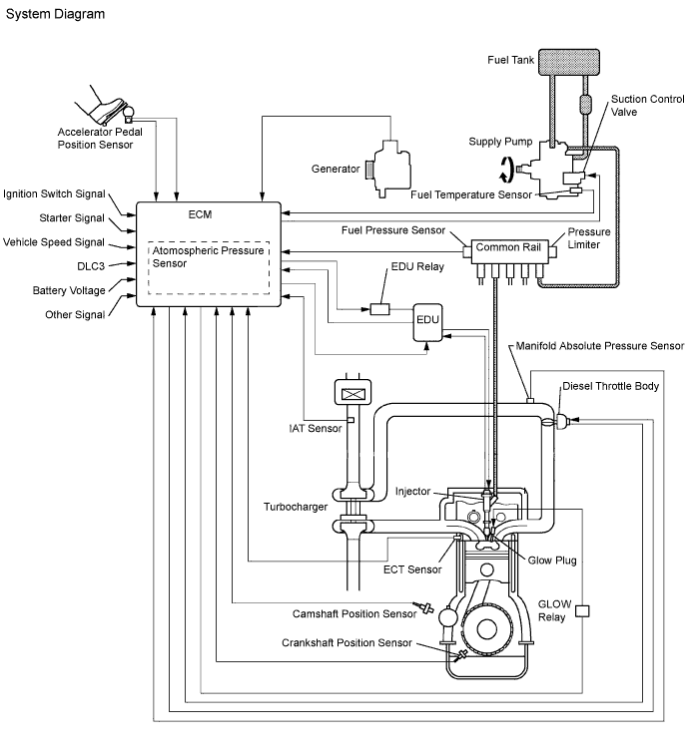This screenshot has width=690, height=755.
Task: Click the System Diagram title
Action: [54, 15]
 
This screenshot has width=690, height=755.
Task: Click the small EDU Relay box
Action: [379, 308]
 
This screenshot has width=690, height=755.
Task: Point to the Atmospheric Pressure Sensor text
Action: [209, 258]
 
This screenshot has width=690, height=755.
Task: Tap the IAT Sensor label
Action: [309, 428]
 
